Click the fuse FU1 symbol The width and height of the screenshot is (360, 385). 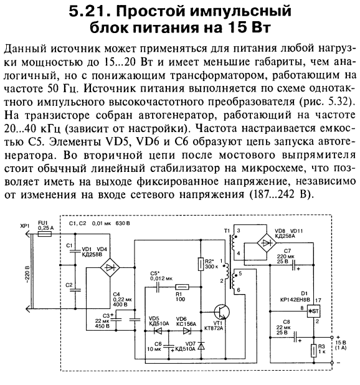pos(45,234)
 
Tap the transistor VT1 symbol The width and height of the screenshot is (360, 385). pos(222,312)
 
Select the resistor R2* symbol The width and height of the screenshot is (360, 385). pos(201,264)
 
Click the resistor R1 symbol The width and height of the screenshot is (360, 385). pos(182,287)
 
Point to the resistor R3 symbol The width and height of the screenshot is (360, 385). pos(314,350)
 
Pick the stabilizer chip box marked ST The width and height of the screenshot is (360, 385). pos(314,311)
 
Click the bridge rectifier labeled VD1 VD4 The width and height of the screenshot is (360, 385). pos(110,267)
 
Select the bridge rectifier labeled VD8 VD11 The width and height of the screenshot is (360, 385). pos(267,243)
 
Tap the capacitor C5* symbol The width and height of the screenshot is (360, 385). pos(158,287)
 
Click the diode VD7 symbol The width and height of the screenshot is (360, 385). pos(201,346)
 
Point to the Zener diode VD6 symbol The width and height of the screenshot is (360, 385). pos(187,331)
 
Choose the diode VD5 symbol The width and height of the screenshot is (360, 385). pos(158,331)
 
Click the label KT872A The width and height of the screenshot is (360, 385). pos(214,328)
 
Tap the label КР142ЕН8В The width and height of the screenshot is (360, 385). pos(295,300)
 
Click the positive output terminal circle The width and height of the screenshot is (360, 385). pos(332,338)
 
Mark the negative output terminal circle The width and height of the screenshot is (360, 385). pos(332,363)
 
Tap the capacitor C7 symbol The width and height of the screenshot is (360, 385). pos(293,265)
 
